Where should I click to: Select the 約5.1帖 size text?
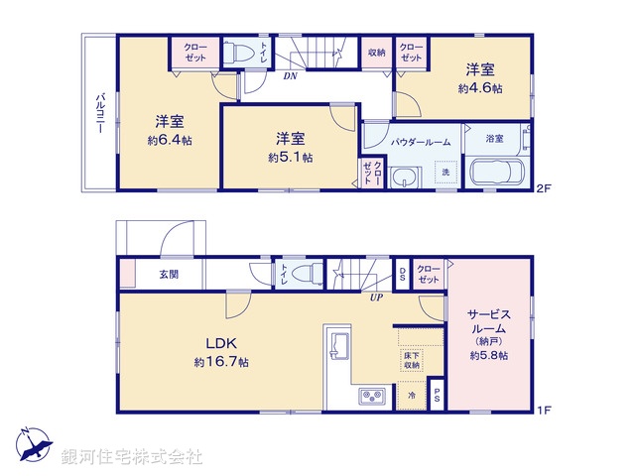290,157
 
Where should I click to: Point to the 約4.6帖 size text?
480,88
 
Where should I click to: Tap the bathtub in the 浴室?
500,173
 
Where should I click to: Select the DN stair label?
291,75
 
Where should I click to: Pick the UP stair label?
377,297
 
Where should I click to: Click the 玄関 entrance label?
168,275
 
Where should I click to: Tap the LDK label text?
220,343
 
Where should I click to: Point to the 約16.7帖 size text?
220,364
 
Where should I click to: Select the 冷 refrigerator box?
412,396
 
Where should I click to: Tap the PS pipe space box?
439,396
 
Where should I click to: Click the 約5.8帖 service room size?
488,355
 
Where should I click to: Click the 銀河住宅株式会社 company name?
132,457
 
